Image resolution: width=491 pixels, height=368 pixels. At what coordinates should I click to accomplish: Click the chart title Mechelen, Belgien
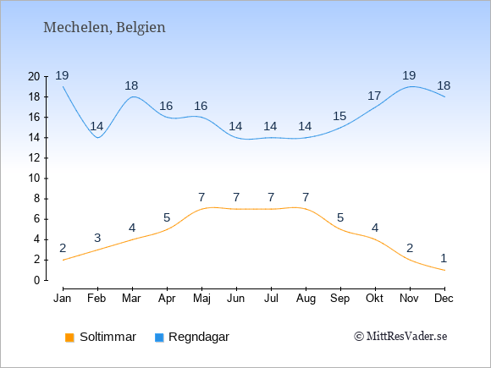(104, 28)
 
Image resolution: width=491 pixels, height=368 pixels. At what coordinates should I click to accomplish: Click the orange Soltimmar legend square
(69, 338)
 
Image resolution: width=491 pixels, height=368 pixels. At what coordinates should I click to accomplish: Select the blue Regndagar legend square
(159, 338)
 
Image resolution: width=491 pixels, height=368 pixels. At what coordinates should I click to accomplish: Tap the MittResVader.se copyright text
(400, 337)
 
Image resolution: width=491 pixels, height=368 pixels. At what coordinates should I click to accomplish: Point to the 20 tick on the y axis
(34, 76)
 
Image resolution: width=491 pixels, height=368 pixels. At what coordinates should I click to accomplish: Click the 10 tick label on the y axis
(34, 179)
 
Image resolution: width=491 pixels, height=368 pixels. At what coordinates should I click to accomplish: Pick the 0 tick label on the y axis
(37, 280)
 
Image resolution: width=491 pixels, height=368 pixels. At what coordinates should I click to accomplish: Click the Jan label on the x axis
(63, 299)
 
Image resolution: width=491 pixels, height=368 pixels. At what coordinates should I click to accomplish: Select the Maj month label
(201, 299)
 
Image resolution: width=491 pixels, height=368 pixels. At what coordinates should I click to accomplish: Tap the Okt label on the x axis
(374, 299)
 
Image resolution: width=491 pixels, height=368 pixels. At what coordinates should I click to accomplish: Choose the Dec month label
(444, 299)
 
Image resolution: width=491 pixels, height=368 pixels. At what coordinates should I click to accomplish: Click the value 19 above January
(62, 75)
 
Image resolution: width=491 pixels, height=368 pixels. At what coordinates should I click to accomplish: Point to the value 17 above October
(374, 96)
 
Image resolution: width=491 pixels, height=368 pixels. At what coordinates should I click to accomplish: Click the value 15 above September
(339, 116)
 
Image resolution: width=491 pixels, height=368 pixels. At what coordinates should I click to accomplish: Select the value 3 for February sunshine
(97, 238)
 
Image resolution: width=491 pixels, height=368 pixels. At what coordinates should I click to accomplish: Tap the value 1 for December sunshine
(444, 259)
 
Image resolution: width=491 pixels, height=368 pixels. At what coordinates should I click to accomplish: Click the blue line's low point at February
(98, 138)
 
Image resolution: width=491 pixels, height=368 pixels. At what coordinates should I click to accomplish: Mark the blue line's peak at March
(134, 96)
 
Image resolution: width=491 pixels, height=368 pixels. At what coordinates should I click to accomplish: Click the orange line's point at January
(63, 260)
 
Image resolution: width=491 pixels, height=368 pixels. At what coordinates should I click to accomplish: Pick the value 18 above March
(131, 85)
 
